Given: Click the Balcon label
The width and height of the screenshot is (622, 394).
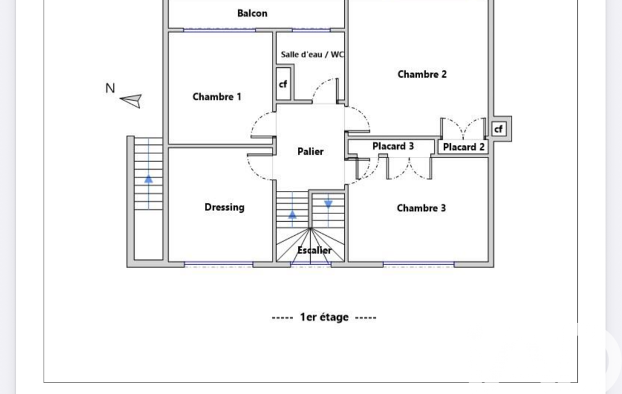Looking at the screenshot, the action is click(252, 13).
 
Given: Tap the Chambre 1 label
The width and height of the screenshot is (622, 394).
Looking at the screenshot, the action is click(217, 97).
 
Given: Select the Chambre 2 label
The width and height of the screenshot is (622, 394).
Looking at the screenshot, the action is click(422, 74).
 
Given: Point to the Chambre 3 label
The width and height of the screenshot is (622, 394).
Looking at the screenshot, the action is click(421, 208).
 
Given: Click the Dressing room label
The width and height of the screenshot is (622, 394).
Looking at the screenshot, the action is click(225, 207).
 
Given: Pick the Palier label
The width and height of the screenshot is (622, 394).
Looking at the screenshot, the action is click(310, 152).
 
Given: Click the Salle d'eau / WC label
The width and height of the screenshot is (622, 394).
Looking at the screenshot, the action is click(312, 55).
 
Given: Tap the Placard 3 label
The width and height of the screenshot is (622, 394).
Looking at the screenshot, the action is click(393, 146).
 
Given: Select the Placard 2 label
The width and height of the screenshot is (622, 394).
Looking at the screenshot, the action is click(464, 147).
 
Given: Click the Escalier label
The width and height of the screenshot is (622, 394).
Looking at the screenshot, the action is click(314, 250).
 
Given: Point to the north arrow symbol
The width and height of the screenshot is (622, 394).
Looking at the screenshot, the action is click(131, 100).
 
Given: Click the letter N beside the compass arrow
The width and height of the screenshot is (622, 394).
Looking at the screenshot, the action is click(110, 88).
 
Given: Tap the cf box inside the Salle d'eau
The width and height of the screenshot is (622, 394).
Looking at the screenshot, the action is click(283, 84).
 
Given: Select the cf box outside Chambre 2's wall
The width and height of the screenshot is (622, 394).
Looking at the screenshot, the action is click(499, 129).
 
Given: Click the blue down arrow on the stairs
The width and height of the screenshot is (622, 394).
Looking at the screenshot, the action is click(328, 204).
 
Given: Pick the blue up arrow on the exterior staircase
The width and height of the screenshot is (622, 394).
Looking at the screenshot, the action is click(148, 179).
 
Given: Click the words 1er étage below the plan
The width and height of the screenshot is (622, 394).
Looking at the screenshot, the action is click(324, 317).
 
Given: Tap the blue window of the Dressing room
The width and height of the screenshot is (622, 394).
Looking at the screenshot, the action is click(218, 263).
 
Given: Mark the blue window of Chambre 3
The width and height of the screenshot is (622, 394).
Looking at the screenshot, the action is click(419, 263).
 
